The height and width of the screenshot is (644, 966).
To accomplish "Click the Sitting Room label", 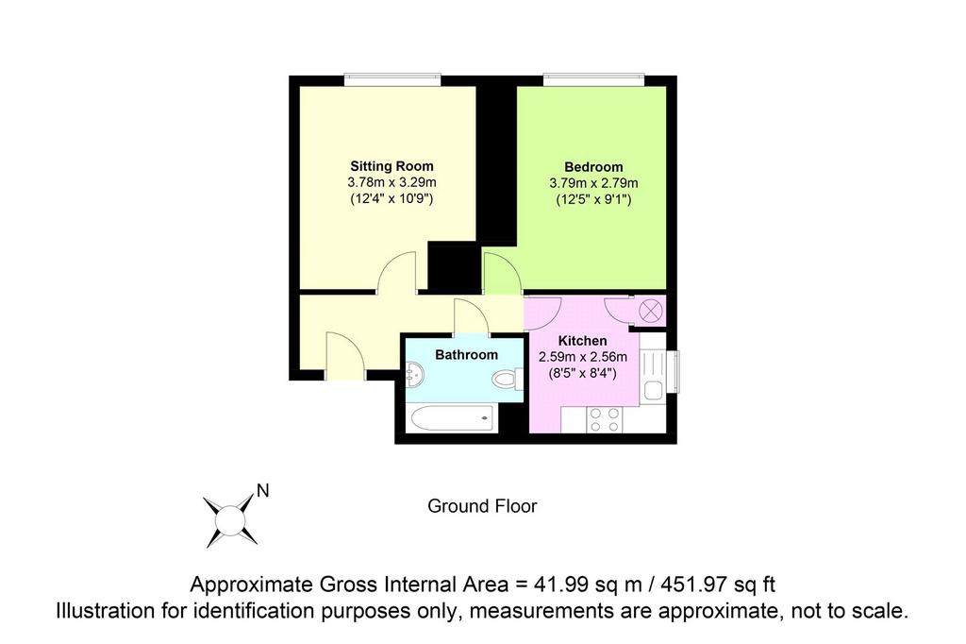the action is coord(391,166).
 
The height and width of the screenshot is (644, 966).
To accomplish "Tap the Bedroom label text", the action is coord(593,167).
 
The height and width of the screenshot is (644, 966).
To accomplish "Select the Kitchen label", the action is coord(582,341).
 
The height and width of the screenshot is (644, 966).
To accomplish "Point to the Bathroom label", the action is coord(466,355).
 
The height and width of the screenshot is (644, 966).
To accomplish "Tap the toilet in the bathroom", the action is coord(508,379).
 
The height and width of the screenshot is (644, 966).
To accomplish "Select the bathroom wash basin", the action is coord(415,374).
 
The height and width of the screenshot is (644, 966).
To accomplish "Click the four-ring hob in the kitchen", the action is coord(605,419).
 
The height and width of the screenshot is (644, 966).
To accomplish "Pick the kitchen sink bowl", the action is coord(653,391).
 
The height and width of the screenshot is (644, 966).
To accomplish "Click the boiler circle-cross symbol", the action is coord(649,311).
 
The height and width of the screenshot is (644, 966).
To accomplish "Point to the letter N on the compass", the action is coord(263,491).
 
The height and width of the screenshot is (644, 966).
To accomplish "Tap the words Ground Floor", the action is coord(482,506).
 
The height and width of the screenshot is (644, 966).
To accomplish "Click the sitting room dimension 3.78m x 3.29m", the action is coord(391,182).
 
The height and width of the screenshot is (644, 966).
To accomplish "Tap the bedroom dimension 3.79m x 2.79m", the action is coord(594,183).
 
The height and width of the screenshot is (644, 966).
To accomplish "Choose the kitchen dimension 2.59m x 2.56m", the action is coord(583,357).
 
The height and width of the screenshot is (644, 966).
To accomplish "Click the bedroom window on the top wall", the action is coord(593,80).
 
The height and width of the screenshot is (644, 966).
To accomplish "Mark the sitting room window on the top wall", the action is coord(392,80).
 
